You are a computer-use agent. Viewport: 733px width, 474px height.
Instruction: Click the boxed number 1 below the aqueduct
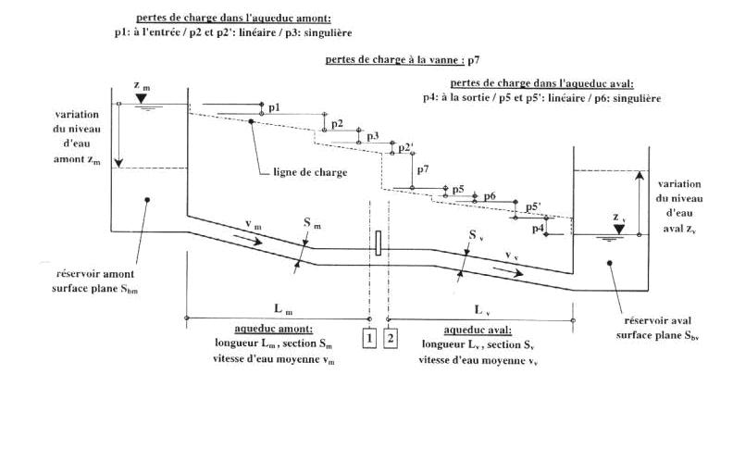tap(369, 338)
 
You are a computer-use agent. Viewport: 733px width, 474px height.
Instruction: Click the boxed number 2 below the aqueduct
tap(391, 338)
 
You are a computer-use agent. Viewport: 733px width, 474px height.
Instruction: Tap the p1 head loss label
tap(274, 108)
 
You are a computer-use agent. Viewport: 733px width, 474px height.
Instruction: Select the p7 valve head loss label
tap(423, 169)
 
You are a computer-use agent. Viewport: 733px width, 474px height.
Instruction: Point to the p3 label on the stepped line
tap(372, 136)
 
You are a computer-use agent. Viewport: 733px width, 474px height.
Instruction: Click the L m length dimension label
tap(279, 306)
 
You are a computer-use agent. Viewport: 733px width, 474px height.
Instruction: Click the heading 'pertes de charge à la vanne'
tap(394, 60)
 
